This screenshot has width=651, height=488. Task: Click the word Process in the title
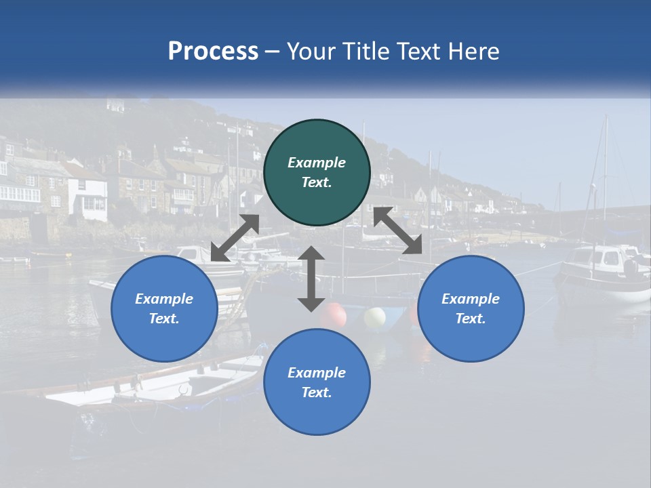pos(213,52)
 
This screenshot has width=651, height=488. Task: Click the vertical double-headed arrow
pos(311,279)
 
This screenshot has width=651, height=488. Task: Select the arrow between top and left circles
pos(235,238)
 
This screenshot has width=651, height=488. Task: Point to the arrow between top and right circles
pos(398,231)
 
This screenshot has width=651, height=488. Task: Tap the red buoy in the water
pos(333,314)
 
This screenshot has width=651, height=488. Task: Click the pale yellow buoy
pos(374,317)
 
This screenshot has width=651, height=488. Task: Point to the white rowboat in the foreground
pos(156,383)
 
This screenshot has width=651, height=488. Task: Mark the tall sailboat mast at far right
pos(605,176)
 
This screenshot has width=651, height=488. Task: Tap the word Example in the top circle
pos(317,163)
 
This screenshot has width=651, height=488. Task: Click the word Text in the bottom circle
pos(316,392)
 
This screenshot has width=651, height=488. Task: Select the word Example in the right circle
pos(471,299)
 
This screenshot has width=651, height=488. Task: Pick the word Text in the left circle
pos(164,319)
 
